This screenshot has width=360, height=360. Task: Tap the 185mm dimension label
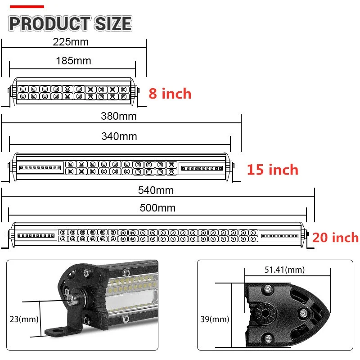73,60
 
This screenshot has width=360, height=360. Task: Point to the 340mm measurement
119,136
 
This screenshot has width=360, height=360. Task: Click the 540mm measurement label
156,190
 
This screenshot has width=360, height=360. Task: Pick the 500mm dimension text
157,208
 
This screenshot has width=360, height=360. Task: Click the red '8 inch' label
170,94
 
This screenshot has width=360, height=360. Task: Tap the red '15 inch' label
272,170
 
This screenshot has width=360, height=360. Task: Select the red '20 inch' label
335,237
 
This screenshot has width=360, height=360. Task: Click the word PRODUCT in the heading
49,23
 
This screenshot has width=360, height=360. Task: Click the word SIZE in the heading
112,23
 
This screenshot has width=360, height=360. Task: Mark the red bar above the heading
27,7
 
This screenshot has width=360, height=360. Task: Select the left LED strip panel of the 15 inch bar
41,167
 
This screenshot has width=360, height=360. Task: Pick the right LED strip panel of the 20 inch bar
279,235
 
